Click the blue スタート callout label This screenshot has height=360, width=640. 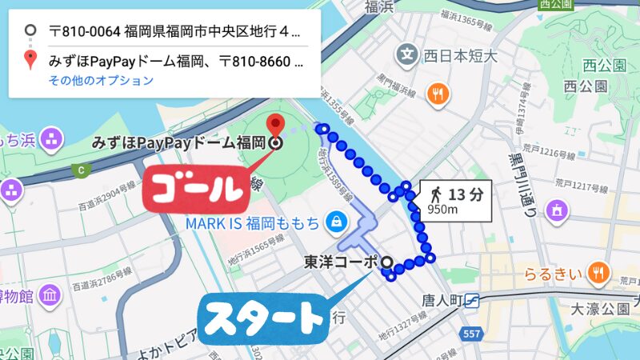265,318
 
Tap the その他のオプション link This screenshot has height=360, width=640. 101,80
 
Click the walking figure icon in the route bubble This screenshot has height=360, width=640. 435,194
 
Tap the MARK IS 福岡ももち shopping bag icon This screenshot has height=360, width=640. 337,220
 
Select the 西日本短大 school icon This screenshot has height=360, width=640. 408,56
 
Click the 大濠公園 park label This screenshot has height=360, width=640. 606,308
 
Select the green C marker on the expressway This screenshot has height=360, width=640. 80,170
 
